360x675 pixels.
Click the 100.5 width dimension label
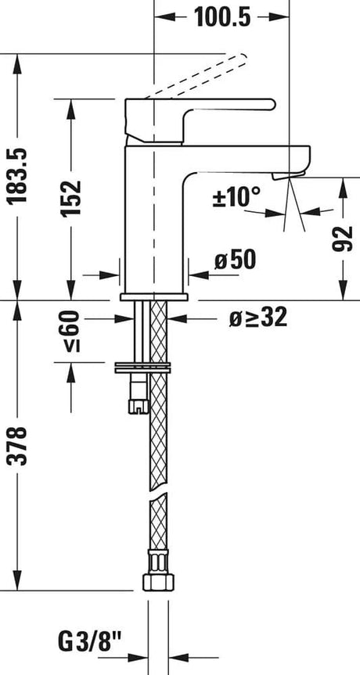point(221,16)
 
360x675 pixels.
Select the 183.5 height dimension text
point(17,175)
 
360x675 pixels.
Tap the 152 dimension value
point(71,199)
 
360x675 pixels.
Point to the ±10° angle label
point(237,197)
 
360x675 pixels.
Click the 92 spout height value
point(343,239)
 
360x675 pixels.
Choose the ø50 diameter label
point(235,260)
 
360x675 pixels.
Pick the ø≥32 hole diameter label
point(258,318)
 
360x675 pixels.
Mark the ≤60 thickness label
point(72,332)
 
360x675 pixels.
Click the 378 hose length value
point(17,446)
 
